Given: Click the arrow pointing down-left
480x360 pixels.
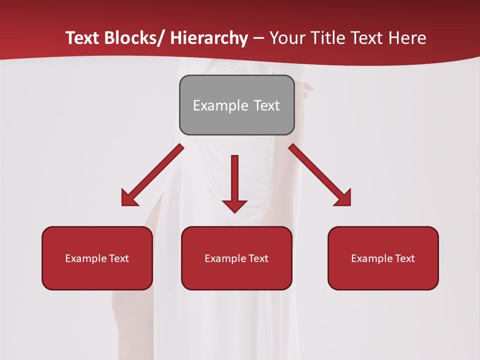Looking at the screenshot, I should (x=152, y=175).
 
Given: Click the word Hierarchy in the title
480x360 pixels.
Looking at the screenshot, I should (x=209, y=38).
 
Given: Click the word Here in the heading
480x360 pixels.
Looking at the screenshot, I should (x=407, y=38).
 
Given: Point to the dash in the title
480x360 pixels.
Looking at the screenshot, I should (x=258, y=38).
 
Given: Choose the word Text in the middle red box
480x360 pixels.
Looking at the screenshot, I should (x=258, y=258).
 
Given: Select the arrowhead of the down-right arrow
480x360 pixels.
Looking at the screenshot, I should (x=343, y=198).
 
